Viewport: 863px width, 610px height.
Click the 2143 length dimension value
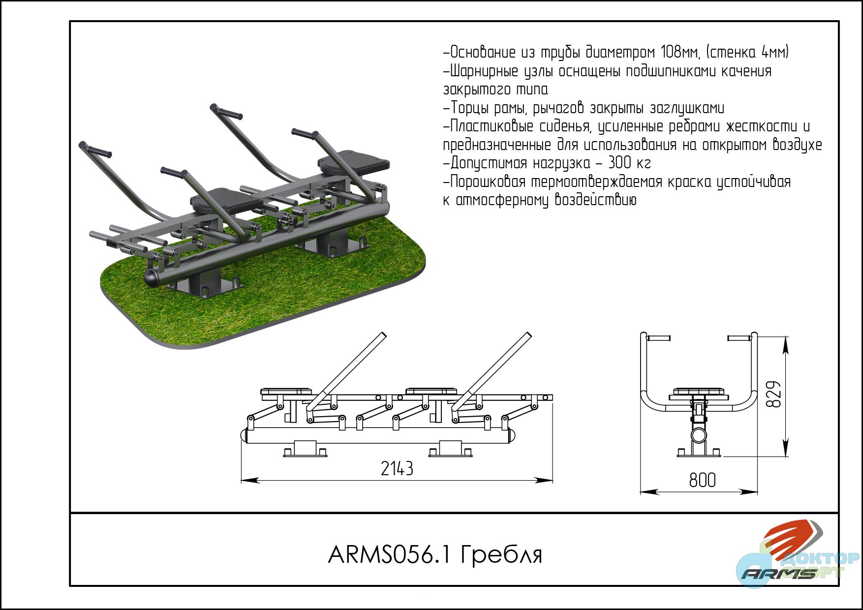(x=397, y=469)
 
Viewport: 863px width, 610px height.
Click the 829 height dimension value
(x=773, y=394)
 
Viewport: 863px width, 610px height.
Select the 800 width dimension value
(x=702, y=480)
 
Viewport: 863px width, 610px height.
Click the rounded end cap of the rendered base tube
(x=153, y=277)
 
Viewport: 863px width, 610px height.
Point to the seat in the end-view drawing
(x=699, y=393)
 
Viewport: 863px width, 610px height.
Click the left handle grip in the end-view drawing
(x=658, y=338)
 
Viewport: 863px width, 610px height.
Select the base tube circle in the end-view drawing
(x=699, y=435)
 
